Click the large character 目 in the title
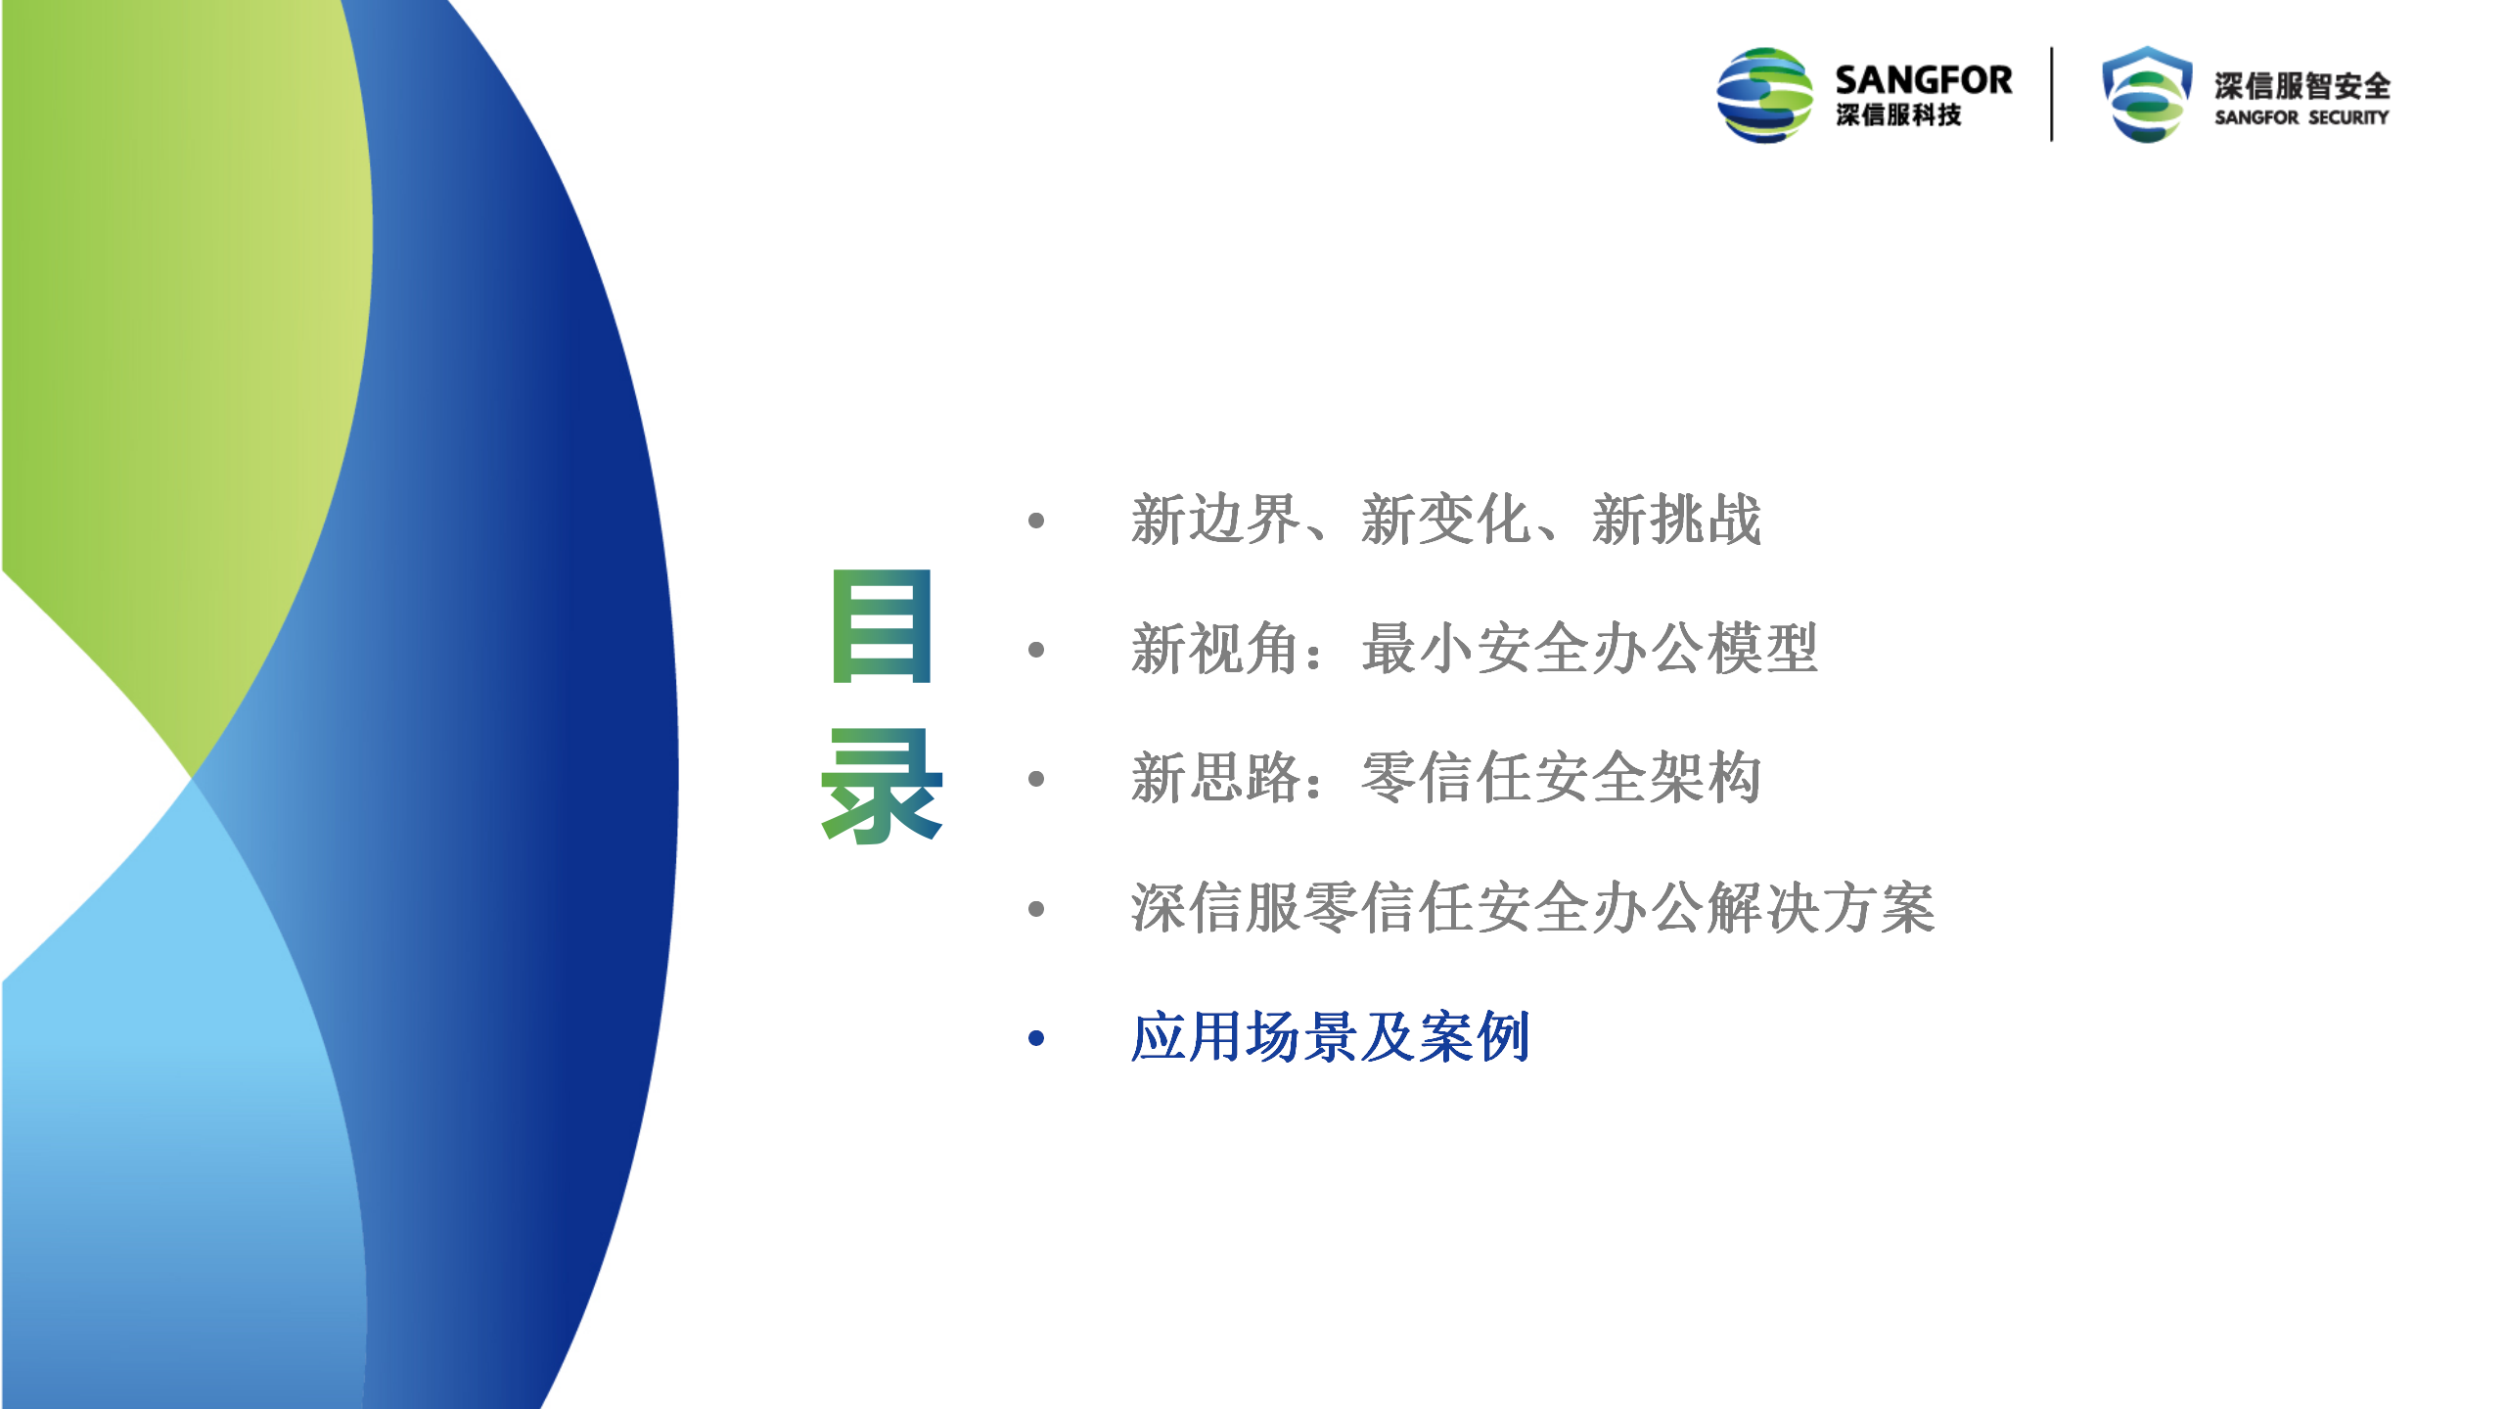(x=881, y=625)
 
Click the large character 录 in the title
(x=882, y=786)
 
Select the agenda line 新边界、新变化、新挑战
(x=1446, y=520)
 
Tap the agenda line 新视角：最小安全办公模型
(x=1475, y=649)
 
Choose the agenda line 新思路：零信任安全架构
(x=1446, y=779)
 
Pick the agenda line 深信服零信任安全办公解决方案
(x=1533, y=908)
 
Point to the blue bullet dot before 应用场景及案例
(x=1037, y=1038)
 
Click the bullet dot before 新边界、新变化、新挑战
(x=1037, y=521)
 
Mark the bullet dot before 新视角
(x=1037, y=650)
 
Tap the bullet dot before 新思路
(x=1037, y=779)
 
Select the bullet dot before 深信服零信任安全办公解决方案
(x=1037, y=909)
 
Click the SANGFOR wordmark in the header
(x=1924, y=79)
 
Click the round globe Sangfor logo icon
(x=1765, y=95)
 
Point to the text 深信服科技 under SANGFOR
(x=1898, y=115)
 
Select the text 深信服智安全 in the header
(x=2302, y=86)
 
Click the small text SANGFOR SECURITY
(x=2301, y=117)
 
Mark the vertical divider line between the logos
(x=2052, y=94)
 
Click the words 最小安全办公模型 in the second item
(x=1590, y=649)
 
